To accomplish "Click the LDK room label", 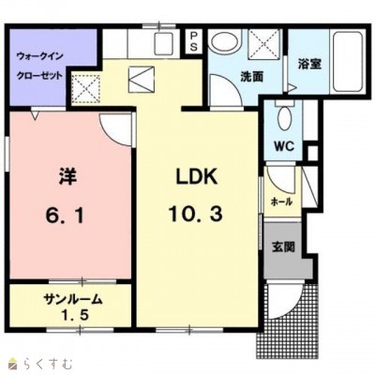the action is (197, 177).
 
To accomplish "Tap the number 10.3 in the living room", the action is (196, 215).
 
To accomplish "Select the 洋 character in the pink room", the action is (67, 177).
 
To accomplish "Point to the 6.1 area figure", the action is (65, 216).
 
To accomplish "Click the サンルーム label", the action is (73, 300).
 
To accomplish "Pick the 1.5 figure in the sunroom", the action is (74, 316).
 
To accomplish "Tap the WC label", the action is (284, 145).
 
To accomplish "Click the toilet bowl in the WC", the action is (285, 118).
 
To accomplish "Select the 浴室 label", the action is (309, 64).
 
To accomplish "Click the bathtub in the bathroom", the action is (347, 60).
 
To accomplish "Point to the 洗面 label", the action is (251, 76).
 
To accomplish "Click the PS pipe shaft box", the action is (194, 41).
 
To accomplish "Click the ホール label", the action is (281, 202).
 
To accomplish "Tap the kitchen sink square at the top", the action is (163, 43).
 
